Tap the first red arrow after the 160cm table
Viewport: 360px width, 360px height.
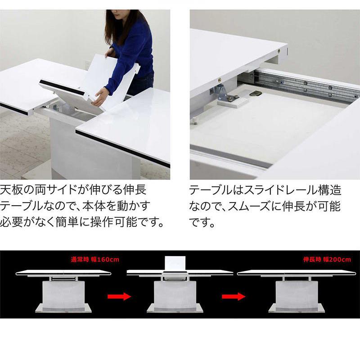pyautogui.click(x=118, y=296)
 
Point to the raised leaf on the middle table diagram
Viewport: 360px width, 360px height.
pyautogui.click(x=175, y=263)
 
